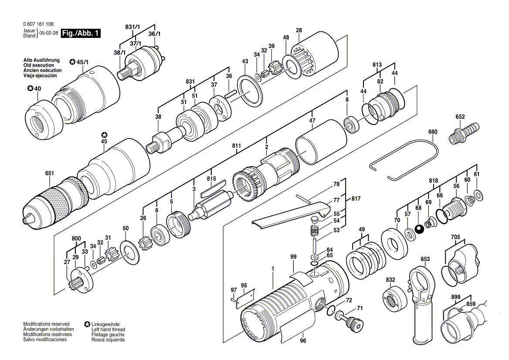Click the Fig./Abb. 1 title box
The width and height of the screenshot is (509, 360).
[x=81, y=33]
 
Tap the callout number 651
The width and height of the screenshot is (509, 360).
[x=50, y=173]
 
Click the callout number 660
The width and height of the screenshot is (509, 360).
[x=432, y=132]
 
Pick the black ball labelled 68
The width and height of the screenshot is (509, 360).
[x=419, y=229]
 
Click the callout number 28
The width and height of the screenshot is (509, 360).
[x=299, y=30]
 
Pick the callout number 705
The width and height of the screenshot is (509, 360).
[x=455, y=237]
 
